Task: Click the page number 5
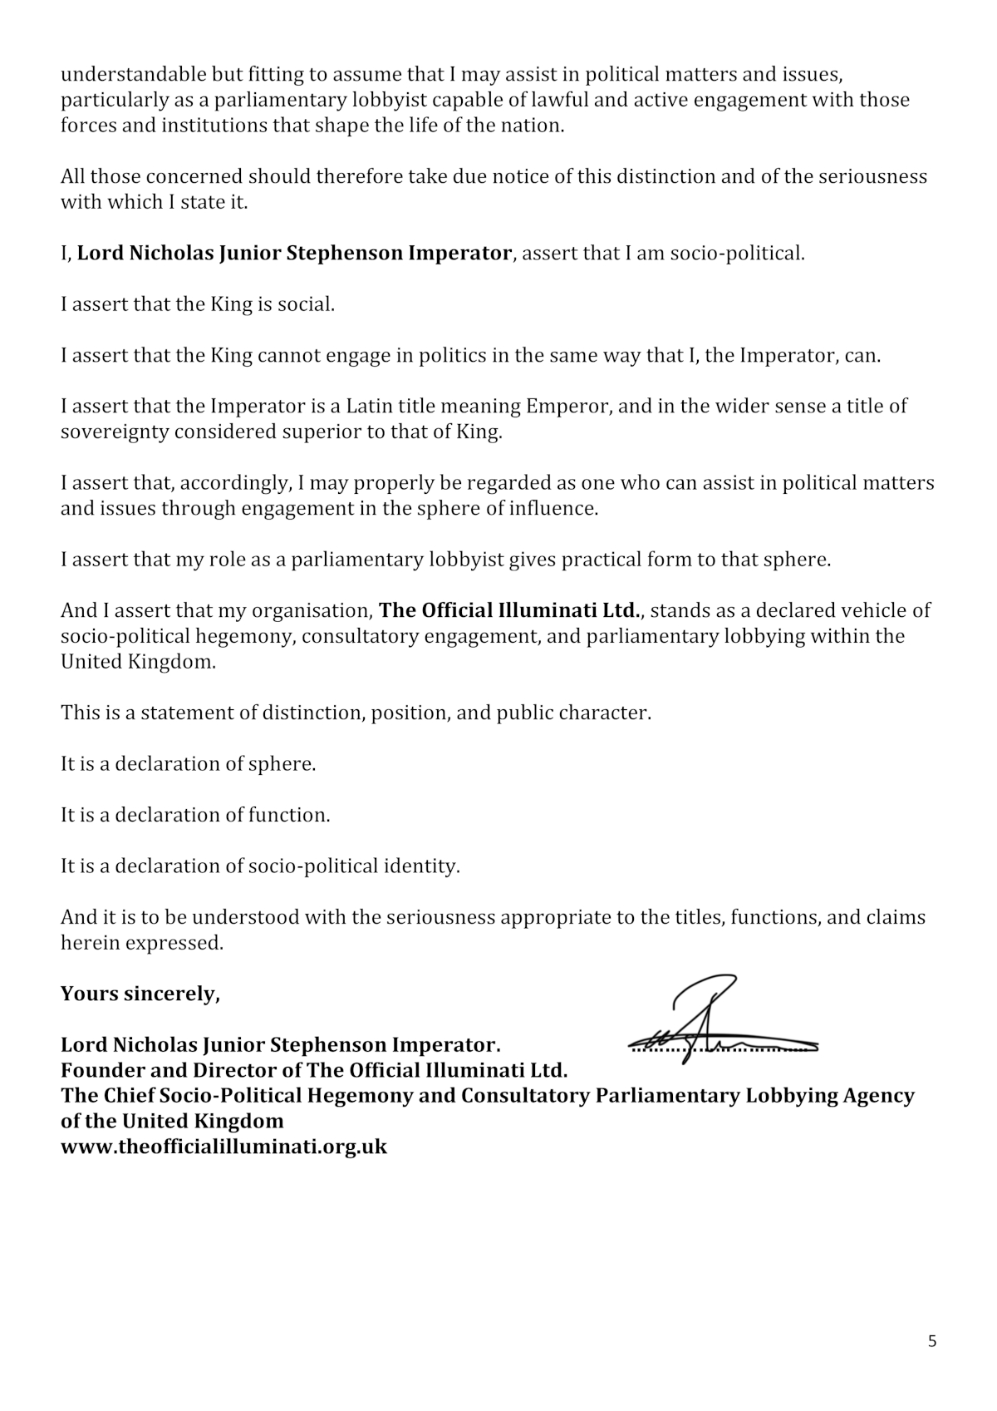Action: click(932, 1341)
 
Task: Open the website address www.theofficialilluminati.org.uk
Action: click(223, 1147)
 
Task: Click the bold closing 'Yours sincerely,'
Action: click(140, 994)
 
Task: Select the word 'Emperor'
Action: click(561, 407)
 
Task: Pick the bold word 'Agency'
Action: click(880, 1095)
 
